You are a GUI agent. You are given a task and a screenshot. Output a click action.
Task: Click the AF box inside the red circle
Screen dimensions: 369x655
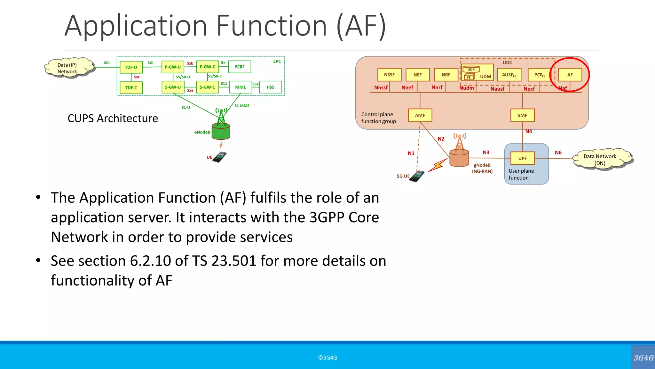pyautogui.click(x=570, y=75)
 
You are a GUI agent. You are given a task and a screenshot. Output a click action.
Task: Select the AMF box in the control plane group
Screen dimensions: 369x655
pyautogui.click(x=420, y=115)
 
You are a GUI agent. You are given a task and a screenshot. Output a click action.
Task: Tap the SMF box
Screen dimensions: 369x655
pyautogui.click(x=522, y=115)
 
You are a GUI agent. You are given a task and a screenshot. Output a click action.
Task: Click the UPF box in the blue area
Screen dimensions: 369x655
pyautogui.click(x=522, y=158)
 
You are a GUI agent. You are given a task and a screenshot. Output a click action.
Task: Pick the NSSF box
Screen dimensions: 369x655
pyautogui.click(x=389, y=75)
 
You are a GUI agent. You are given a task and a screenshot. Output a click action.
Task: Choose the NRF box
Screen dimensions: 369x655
pyautogui.click(x=446, y=75)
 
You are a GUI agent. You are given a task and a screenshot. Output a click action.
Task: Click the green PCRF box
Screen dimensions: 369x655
pyautogui.click(x=240, y=67)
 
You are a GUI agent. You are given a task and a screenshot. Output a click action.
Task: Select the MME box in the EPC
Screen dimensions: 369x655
pyautogui.click(x=241, y=87)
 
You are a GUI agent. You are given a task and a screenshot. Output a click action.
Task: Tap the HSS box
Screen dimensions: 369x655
pyautogui.click(x=271, y=87)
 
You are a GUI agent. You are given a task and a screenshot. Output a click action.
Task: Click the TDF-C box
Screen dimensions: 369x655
pyautogui.click(x=131, y=88)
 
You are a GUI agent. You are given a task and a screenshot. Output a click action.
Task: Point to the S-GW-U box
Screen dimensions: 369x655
pyautogui.click(x=173, y=87)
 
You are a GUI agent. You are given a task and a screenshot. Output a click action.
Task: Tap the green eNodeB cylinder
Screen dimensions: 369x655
pyautogui.click(x=221, y=132)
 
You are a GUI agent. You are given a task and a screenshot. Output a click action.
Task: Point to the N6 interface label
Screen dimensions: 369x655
pyautogui.click(x=558, y=153)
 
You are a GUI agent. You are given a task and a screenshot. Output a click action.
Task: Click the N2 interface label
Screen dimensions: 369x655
pyautogui.click(x=441, y=139)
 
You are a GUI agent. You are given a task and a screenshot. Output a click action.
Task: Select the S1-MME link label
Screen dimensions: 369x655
pyautogui.click(x=242, y=106)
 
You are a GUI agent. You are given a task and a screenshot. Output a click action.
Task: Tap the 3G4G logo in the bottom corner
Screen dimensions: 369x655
pyautogui.click(x=643, y=358)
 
